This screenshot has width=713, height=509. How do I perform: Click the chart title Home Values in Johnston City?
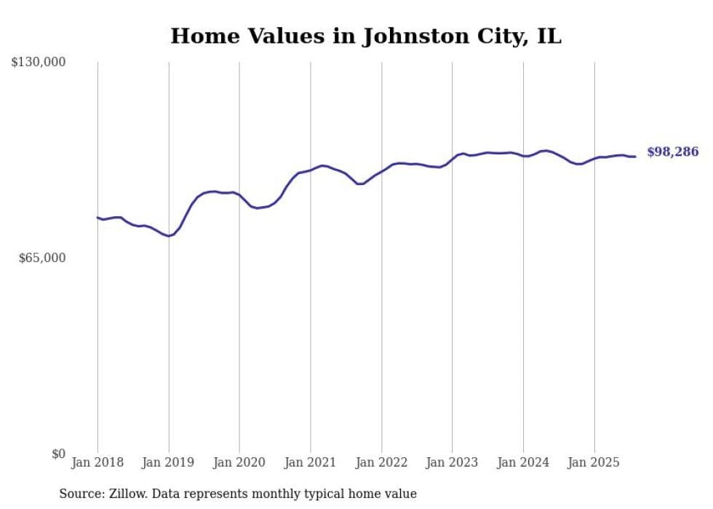point(365,36)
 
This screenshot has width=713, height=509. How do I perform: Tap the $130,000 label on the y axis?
point(39,63)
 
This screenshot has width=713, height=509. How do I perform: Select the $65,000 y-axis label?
point(41,259)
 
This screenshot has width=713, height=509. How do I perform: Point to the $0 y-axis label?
point(58,454)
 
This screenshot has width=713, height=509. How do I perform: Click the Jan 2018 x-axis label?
point(97,462)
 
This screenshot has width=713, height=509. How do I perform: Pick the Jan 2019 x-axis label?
point(169,462)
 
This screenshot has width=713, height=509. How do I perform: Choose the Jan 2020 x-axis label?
point(239,462)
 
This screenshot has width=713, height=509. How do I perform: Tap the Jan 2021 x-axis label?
point(311,462)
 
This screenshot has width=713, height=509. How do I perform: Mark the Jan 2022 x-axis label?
point(381,462)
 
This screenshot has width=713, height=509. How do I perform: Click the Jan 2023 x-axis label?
point(453,462)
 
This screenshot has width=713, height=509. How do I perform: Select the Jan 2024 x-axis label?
point(523,462)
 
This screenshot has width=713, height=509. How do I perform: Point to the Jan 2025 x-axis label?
point(594,462)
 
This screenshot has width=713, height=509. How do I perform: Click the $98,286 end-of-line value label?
point(672,152)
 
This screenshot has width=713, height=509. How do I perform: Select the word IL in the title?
point(549,36)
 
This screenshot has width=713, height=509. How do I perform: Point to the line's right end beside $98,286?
point(635,157)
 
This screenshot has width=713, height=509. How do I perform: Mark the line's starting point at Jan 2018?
point(97,217)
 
